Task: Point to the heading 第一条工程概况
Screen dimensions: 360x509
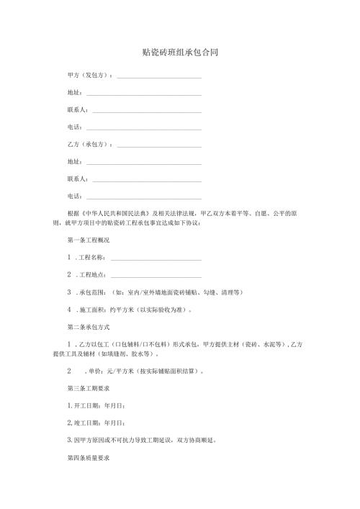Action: pos(88,240)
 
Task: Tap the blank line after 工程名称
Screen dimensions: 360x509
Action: pos(156,258)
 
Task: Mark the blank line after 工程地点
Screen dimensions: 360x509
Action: pos(156,276)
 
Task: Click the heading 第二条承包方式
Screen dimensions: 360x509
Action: pos(88,327)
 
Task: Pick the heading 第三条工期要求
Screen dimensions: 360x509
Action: pos(88,388)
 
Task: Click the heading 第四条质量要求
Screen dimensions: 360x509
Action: pos(88,458)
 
